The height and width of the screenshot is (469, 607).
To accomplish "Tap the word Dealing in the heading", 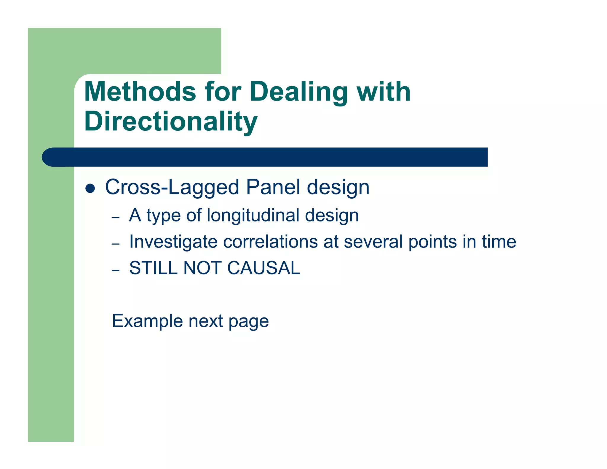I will point(299,92).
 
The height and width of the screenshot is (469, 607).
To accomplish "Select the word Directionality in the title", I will point(171,122).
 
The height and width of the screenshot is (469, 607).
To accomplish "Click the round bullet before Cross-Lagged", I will point(90,188).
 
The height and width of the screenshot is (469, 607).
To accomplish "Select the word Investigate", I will point(173,242).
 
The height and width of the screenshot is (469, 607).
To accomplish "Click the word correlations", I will point(270,242).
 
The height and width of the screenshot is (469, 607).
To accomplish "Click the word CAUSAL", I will point(263,268).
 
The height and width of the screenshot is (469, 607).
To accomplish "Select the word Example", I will point(147,321).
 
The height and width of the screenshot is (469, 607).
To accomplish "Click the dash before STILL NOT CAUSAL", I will point(116,270).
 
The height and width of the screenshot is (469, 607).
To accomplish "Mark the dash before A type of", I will point(116,218).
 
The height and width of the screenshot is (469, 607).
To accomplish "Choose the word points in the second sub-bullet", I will point(432,242).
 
